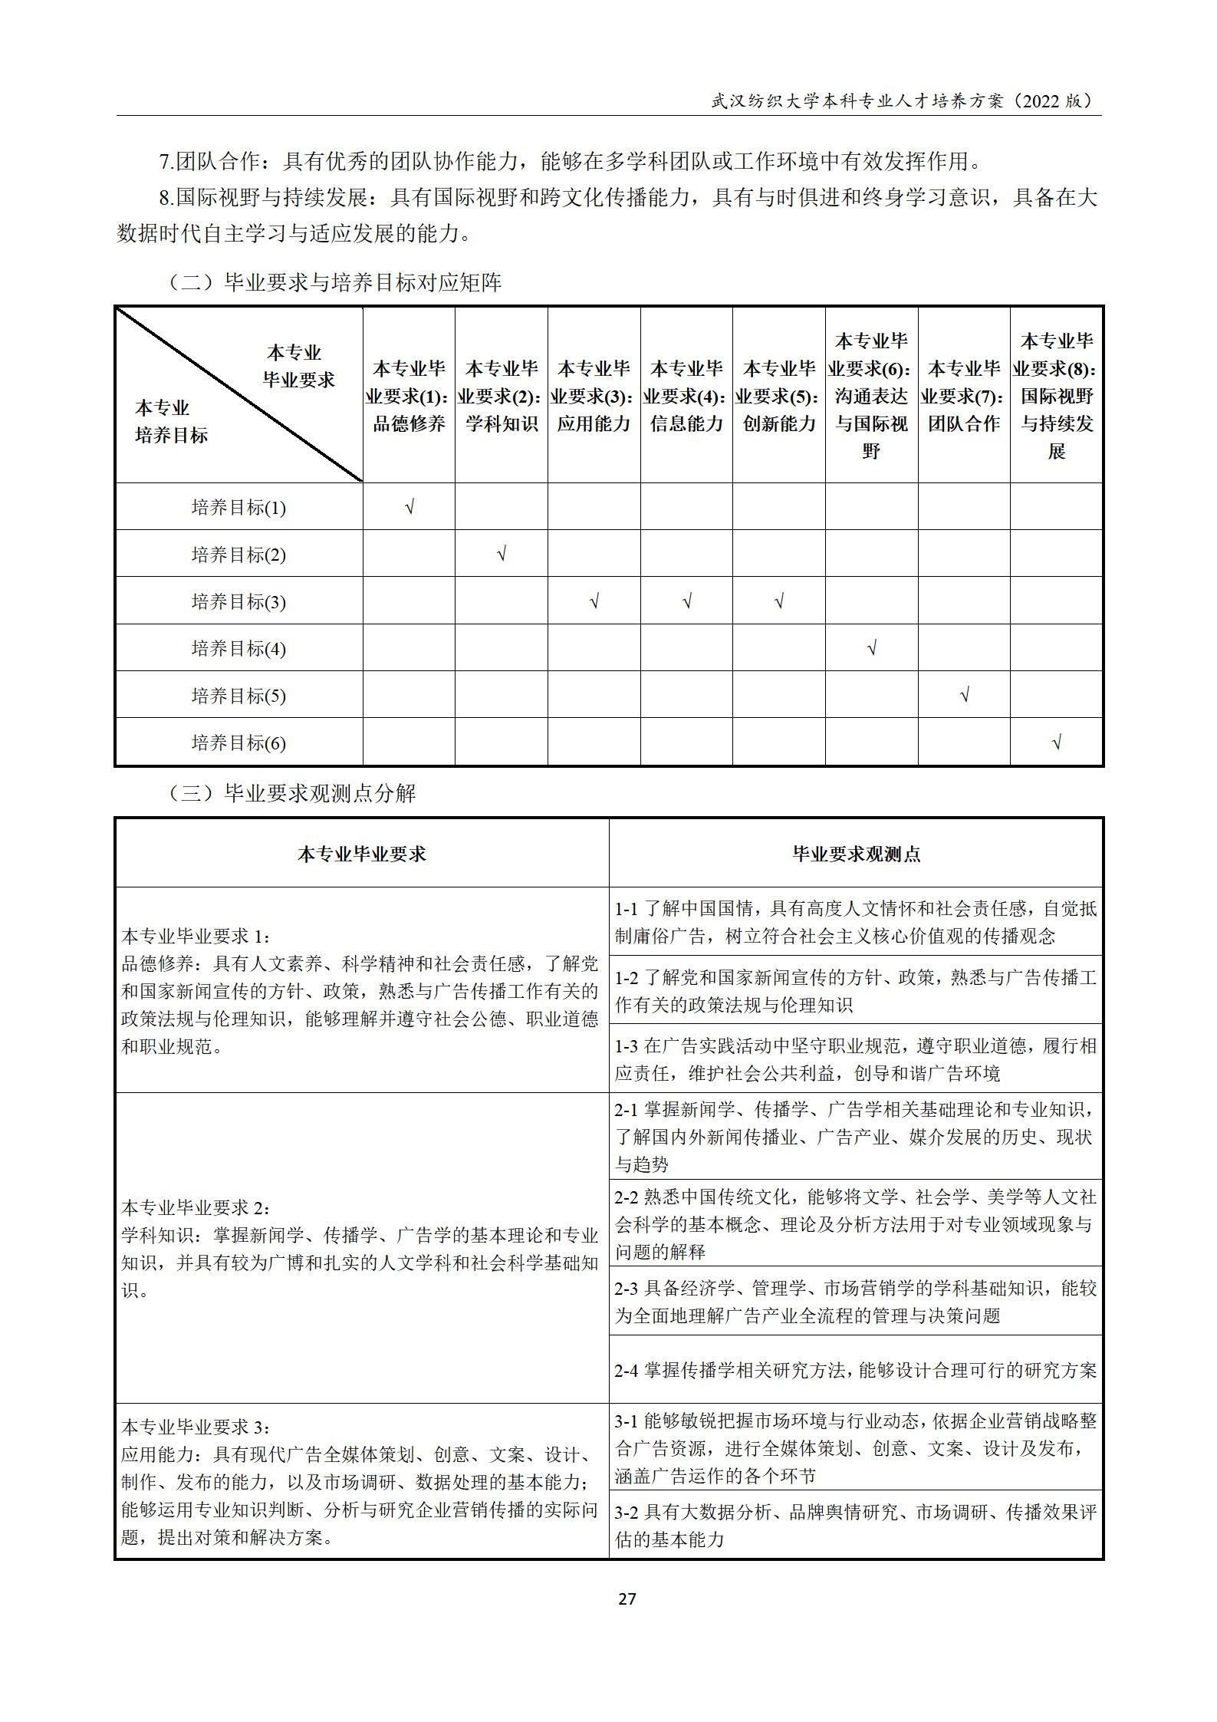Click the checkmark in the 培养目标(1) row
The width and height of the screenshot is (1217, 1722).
click(410, 507)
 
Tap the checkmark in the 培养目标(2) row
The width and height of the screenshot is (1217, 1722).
click(502, 554)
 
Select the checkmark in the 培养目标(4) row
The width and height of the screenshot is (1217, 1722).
click(871, 648)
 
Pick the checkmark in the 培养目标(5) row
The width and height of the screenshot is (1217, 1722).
click(964, 695)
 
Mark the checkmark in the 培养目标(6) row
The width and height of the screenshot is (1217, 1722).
click(1057, 742)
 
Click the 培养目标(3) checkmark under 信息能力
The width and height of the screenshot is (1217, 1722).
click(686, 601)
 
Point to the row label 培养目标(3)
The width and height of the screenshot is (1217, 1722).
click(238, 601)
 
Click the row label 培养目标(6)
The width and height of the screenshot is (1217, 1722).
click(238, 742)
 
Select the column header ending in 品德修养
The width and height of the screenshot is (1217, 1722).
click(410, 396)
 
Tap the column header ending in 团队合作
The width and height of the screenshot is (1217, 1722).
click(964, 396)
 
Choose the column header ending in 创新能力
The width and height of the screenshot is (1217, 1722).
click(779, 396)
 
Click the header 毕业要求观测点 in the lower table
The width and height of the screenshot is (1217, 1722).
click(856, 854)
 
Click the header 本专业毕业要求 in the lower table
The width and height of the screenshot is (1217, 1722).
click(362, 854)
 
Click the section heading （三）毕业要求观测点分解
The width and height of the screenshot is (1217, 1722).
click(291, 793)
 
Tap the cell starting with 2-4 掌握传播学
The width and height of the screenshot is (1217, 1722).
click(856, 1370)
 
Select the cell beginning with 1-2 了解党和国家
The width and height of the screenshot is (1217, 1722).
click(856, 990)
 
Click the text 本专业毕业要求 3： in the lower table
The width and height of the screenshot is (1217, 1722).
click(196, 1427)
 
